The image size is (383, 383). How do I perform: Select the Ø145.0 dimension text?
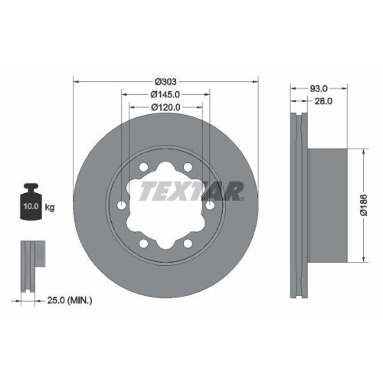coord(165,95)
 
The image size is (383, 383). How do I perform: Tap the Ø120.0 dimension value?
coord(165,107)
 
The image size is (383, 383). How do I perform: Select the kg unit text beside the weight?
coord(50,207)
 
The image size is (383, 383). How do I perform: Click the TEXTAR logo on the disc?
coord(191,191)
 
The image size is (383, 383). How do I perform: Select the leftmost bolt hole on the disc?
coord(123,205)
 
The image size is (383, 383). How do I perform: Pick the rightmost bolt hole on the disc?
coord(209,205)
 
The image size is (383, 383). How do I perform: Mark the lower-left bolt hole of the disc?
coord(145,243)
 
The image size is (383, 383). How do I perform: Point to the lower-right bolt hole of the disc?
coord(188,243)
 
